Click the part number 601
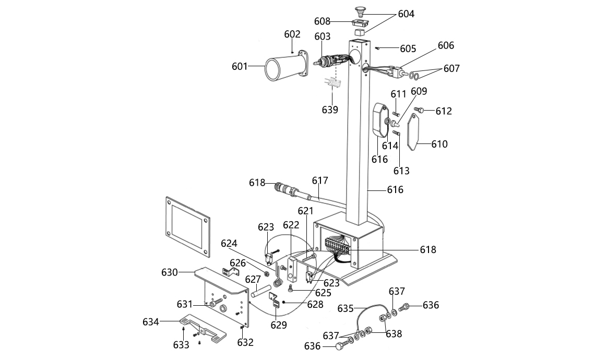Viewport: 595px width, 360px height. coord(240,66)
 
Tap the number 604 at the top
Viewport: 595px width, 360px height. coord(406,14)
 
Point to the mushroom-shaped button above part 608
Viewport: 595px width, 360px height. coord(359,10)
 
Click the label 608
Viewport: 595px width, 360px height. coord(322,21)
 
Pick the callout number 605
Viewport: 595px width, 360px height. coord(408,49)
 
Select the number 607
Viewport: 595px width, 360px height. coord(451,69)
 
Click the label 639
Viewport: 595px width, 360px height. coord(330,110)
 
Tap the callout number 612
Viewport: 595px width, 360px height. coord(444,111)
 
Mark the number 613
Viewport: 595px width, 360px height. coord(401,171)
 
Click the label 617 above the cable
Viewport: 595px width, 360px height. coord(320,181)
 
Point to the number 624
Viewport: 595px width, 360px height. coord(229,243)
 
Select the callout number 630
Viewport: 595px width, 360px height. coord(170,272)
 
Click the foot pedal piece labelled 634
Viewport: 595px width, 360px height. coord(203,327)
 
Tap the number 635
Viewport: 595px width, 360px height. coord(346,308)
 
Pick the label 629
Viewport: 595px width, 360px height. coord(279,325)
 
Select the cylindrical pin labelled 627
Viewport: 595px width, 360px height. coord(260,291)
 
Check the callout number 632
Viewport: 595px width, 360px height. coord(245,343)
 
